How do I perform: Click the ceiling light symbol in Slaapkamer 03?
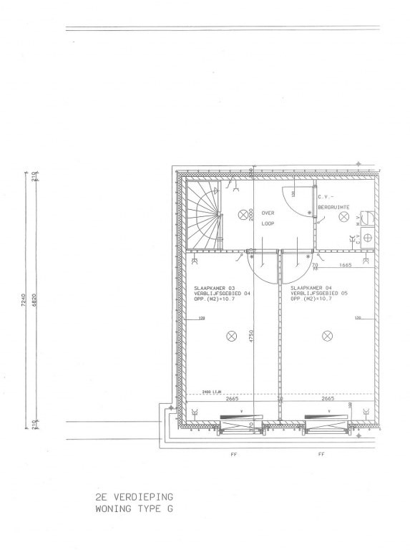[231, 335]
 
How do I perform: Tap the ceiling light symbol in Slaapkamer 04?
[328, 335]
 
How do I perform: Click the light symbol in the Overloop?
[243, 213]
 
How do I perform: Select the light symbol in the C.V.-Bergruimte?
[344, 216]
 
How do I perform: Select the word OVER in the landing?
[268, 213]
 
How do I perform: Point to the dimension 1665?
[346, 266]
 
